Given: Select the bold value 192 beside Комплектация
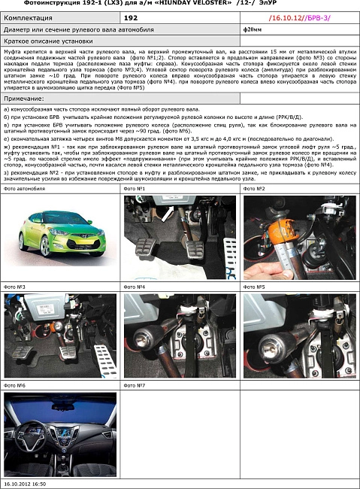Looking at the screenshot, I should coord(131,16).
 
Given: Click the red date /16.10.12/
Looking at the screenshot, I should coord(284,16).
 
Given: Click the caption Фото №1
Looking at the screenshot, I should coord(135,188).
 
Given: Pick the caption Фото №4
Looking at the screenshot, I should coord(135,287).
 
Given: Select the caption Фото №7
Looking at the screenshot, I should coord(135,385).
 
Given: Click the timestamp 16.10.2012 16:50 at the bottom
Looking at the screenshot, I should coord(26,484).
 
